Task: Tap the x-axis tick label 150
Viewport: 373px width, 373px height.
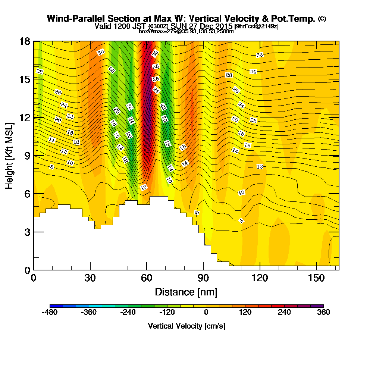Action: pos(316,278)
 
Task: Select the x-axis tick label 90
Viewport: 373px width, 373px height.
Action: pos(203,278)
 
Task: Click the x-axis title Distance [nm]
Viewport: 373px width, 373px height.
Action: pos(186,291)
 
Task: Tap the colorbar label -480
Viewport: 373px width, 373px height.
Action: pos(50,313)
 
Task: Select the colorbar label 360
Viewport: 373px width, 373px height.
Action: pos(323,313)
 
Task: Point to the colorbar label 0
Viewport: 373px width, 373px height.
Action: pos(206,313)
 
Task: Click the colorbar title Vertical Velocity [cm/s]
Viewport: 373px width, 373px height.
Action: pos(186,326)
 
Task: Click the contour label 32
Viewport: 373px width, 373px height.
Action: pos(260,55)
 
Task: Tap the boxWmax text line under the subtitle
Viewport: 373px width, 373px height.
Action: pos(186,31)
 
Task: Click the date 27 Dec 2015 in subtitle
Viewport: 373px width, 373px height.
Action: pos(209,26)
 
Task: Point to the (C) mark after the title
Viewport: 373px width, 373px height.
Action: pos(322,19)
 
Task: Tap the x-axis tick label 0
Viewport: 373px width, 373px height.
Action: pos(34,278)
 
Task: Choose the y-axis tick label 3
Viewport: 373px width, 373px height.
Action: pos(26,232)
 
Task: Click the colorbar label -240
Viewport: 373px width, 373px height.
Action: pos(128,313)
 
